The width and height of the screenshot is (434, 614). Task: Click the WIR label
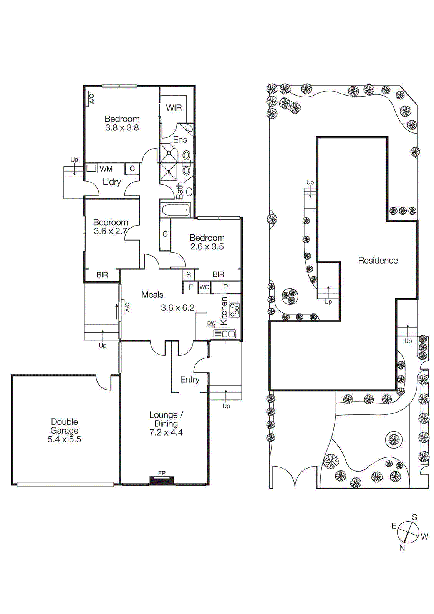pos(174,108)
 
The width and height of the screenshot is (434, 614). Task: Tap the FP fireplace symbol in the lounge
pos(162,480)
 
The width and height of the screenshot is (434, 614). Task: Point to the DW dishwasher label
pos(211,323)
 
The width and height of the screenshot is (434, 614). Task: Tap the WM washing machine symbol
pos(91,168)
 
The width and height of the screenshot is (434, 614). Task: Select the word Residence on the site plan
pos(378,261)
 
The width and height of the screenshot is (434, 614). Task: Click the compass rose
pos(408,532)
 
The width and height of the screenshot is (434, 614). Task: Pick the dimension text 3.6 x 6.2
pos(177,308)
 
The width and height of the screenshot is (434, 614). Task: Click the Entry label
pos(190,380)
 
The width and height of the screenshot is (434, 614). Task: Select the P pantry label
pos(225,287)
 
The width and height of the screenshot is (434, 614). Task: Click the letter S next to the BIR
pos(189,275)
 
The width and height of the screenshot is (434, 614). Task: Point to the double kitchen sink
pos(225,334)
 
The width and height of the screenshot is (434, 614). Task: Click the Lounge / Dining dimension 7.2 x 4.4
pos(166,432)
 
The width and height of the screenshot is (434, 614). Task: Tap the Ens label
pos(180,140)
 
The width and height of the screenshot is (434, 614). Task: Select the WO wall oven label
pos(204,287)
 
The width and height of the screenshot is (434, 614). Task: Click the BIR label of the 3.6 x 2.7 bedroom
pos(102,275)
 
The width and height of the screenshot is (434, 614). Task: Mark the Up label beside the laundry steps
pos(74,160)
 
